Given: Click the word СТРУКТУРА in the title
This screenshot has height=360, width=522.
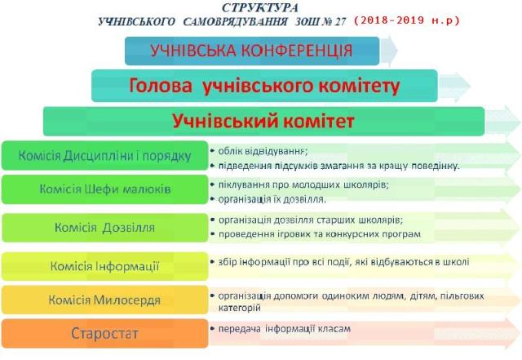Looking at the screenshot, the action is pyautogui.click(x=260, y=7).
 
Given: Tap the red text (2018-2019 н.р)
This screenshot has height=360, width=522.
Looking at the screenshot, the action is pyautogui.click(x=406, y=20).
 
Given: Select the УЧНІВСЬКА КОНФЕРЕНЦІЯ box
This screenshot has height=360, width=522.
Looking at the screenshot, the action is pyautogui.click(x=252, y=51).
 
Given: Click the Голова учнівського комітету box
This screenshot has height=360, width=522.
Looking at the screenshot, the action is pyautogui.click(x=264, y=86).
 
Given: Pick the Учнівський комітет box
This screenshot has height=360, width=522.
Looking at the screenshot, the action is pyautogui.click(x=263, y=121).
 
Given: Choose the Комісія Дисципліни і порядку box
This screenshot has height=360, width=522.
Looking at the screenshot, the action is pyautogui.click(x=105, y=156).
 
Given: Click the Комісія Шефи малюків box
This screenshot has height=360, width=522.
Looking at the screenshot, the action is pyautogui.click(x=105, y=189).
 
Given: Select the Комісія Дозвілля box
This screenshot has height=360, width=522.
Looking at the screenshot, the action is pyautogui.click(x=105, y=228).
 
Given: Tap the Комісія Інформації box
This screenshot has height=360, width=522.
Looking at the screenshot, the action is pyautogui.click(x=105, y=266).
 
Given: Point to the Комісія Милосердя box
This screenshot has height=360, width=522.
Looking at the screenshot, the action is pyautogui.click(x=105, y=300).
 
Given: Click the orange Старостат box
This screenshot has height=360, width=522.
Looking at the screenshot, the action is pyautogui.click(x=105, y=333).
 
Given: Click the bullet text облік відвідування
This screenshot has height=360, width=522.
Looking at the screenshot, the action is pyautogui.click(x=263, y=151).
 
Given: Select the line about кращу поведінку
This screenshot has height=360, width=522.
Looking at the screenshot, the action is pyautogui.click(x=338, y=166).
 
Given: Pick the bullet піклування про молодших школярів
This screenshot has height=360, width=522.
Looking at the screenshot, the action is pyautogui.click(x=303, y=184).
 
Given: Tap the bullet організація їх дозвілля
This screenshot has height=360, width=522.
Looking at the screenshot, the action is pyautogui.click(x=272, y=199).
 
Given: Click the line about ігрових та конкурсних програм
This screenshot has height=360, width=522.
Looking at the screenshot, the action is pyautogui.click(x=320, y=234).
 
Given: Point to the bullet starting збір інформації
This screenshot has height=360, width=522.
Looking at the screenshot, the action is pyautogui.click(x=344, y=262).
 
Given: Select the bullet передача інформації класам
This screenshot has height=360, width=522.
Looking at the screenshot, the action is pyautogui.click(x=285, y=329).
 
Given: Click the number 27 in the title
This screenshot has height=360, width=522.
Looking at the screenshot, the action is pyautogui.click(x=340, y=22).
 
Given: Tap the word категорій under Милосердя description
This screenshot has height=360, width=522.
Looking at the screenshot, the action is pyautogui.click(x=239, y=307).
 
